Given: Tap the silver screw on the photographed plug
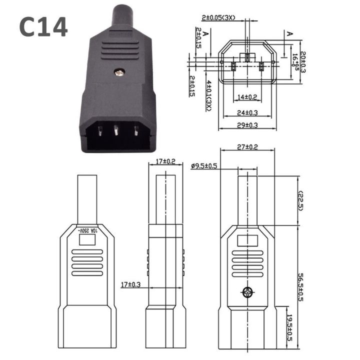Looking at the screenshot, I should (118, 72).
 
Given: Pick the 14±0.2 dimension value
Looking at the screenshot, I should (247, 96).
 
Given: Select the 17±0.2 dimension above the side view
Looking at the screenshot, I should (165, 161).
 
